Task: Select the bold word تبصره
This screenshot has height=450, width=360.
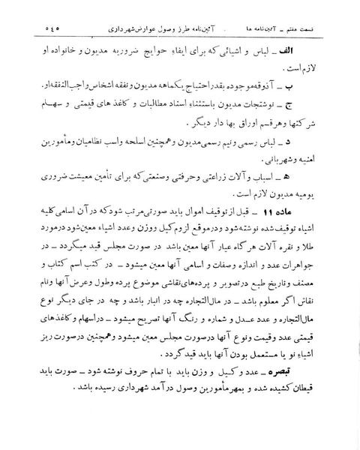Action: coord(316,373)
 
